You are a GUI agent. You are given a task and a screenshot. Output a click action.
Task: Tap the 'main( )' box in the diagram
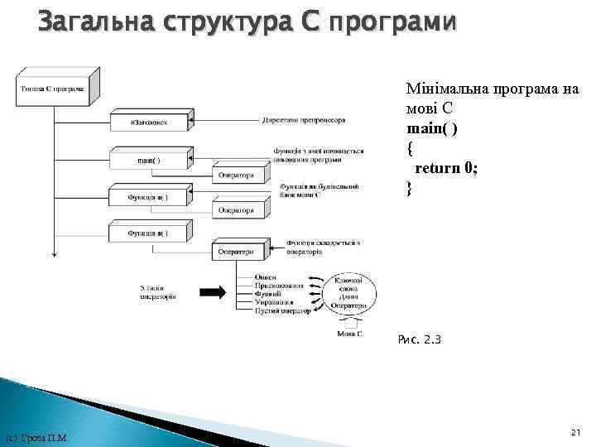click(148, 160)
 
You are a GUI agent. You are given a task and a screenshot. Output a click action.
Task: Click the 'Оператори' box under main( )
click(238, 175)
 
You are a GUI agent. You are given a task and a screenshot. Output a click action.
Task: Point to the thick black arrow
click(214, 291)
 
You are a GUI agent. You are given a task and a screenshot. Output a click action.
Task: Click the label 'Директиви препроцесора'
click(303, 120)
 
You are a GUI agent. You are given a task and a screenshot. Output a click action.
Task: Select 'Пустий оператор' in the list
click(284, 311)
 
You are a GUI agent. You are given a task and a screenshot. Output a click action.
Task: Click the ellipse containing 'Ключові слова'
click(348, 294)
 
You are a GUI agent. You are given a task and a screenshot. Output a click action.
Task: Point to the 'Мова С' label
click(348, 334)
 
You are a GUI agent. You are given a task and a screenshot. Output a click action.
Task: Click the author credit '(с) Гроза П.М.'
click(37, 438)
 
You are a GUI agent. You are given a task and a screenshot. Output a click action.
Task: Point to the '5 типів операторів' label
click(157, 292)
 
